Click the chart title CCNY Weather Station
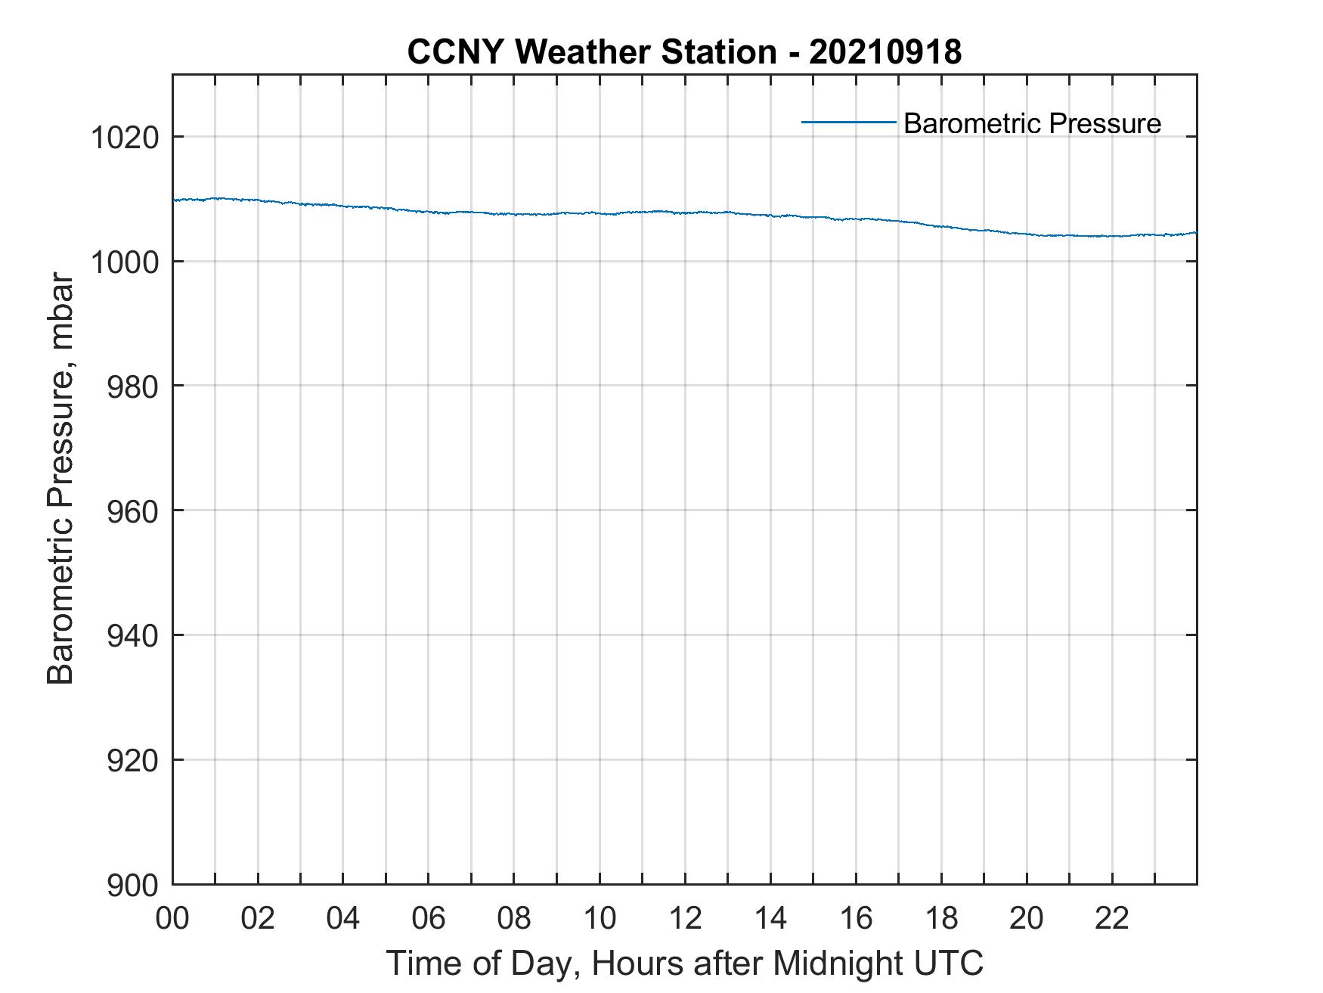tap(591, 52)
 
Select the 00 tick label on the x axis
tap(172, 919)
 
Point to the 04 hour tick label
tap(343, 919)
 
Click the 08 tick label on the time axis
tap(514, 919)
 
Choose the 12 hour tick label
tap(685, 919)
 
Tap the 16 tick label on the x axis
tap(856, 919)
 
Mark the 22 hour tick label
tap(1112, 919)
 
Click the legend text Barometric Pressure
tap(1032, 123)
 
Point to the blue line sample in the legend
tap(848, 122)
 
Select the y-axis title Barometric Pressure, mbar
tap(60, 479)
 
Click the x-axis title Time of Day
tap(685, 963)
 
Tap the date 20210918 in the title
tap(885, 52)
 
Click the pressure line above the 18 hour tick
tap(941, 225)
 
